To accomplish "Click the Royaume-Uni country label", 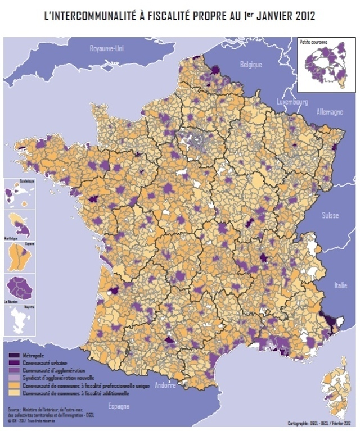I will (106, 49).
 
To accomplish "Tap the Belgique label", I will (251, 65).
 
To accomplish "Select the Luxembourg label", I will (292, 102).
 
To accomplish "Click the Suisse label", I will (331, 215).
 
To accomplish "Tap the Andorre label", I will (165, 385).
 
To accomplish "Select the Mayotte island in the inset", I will (19, 319).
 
